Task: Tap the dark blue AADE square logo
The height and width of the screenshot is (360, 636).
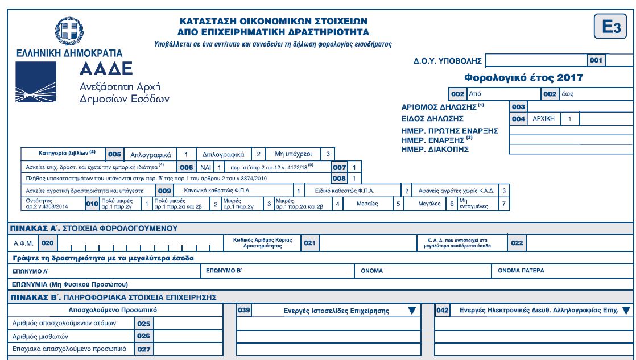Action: (x=39, y=85)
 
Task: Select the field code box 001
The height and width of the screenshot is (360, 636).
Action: (x=596, y=59)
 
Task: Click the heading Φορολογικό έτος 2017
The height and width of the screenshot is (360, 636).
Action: (x=516, y=78)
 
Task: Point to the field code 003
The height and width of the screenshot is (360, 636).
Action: (x=518, y=106)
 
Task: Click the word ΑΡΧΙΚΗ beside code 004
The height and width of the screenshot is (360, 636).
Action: (x=544, y=119)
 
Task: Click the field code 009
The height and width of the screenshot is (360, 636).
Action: (x=164, y=191)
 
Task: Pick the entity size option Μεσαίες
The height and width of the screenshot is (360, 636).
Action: (x=367, y=203)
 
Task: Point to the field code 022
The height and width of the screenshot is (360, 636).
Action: (x=517, y=243)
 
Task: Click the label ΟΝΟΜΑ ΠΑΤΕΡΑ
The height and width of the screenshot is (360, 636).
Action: (x=521, y=271)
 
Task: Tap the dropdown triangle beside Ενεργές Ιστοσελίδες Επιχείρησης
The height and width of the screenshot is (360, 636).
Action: (x=412, y=310)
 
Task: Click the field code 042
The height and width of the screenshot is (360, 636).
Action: (x=443, y=310)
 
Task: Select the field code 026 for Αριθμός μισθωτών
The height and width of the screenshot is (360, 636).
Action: (x=143, y=336)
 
